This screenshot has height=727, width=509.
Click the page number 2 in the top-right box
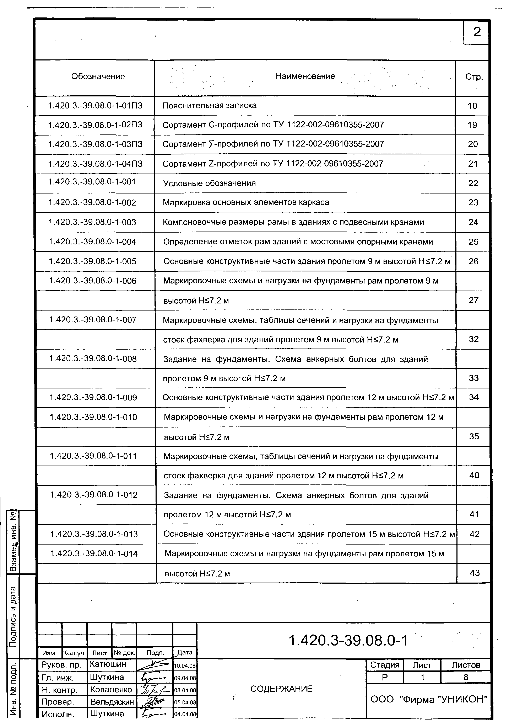[x=477, y=32]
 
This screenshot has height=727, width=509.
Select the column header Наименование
[x=305, y=76]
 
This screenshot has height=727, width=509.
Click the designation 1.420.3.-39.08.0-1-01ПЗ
[x=95, y=105]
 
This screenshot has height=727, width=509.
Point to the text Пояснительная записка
[x=209, y=105]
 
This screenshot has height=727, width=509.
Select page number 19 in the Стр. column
[x=472, y=125]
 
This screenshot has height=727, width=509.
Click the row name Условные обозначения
[x=209, y=183]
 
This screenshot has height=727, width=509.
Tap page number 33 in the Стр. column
[x=473, y=378]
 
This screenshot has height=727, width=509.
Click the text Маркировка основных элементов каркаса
[x=246, y=202]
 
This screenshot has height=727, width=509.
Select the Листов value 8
[x=465, y=677]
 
